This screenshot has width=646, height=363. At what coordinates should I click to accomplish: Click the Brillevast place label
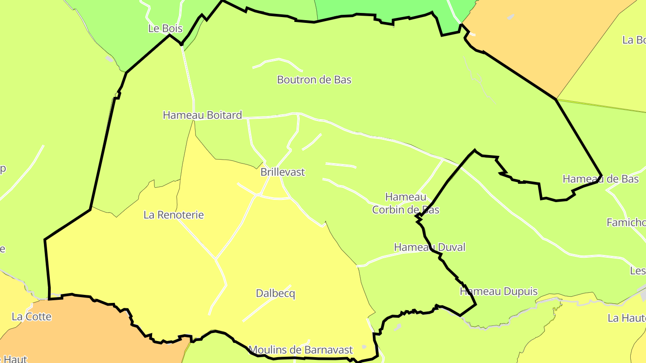click(283, 172)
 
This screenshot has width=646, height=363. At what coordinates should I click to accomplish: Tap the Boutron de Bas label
click(314, 80)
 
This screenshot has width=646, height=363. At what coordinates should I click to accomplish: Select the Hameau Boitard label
click(202, 115)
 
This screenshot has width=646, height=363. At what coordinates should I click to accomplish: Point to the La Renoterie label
click(174, 215)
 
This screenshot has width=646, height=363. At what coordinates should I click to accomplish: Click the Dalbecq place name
click(275, 294)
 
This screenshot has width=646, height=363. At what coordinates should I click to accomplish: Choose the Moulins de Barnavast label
click(301, 350)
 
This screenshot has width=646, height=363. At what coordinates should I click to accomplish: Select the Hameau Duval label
click(429, 247)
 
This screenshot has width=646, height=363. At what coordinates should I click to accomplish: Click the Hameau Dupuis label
click(498, 292)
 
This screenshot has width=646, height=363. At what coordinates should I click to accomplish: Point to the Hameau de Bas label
click(600, 179)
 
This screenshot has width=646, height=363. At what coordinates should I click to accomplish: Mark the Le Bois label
click(165, 29)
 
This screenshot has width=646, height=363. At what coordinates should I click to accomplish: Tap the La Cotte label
click(31, 317)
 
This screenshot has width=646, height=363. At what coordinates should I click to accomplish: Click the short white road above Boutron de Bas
click(278, 60)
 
